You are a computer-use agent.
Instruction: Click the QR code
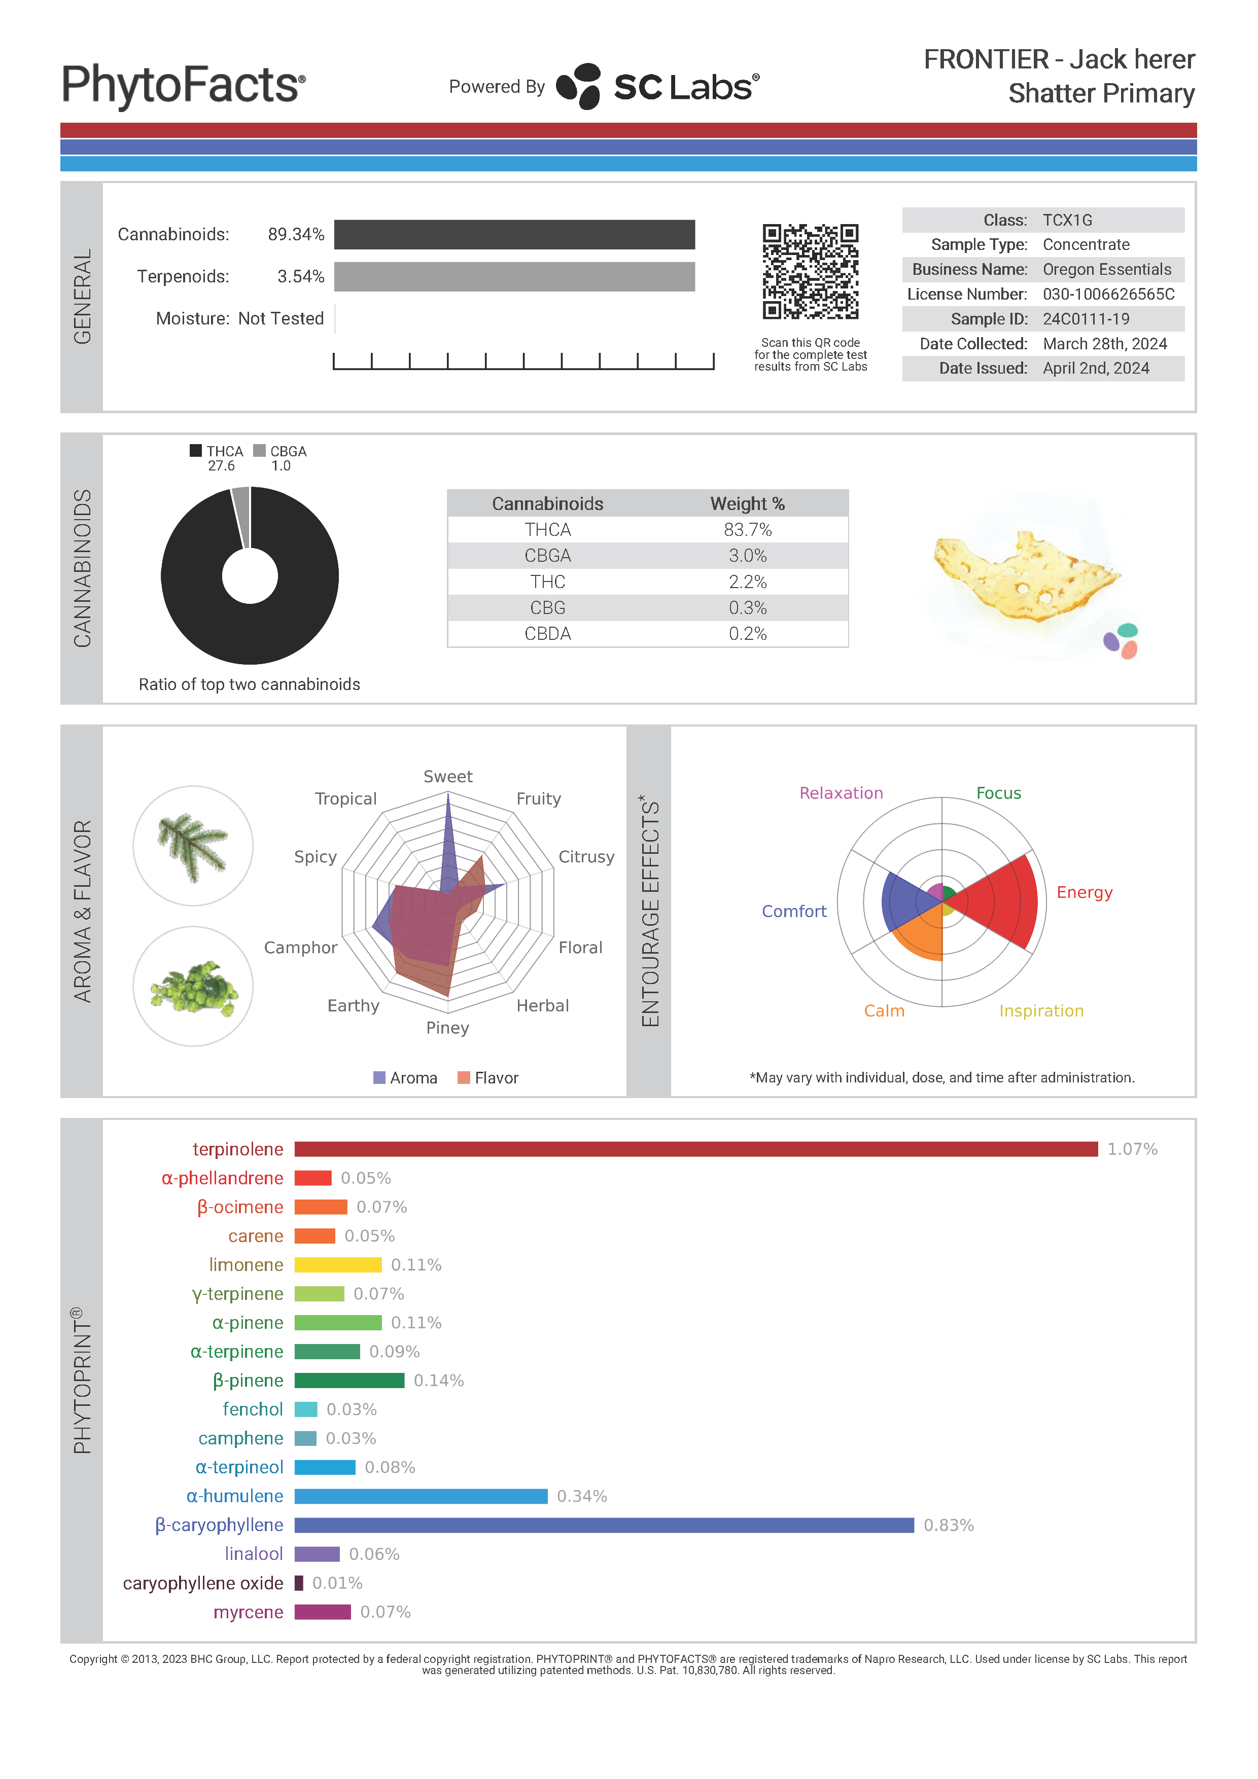pos(810,271)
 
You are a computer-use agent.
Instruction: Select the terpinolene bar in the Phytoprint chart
pos(695,1148)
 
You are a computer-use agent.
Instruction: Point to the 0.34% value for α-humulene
pos(581,1496)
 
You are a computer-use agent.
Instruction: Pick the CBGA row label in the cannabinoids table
pos(547,556)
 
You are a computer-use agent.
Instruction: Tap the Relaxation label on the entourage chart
pos(841,792)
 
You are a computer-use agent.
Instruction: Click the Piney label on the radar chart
pos(447,1028)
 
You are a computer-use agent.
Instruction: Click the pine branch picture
pos(193,846)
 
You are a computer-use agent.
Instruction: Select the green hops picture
pos(193,987)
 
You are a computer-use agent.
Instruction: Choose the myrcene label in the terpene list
pos(248,1612)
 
